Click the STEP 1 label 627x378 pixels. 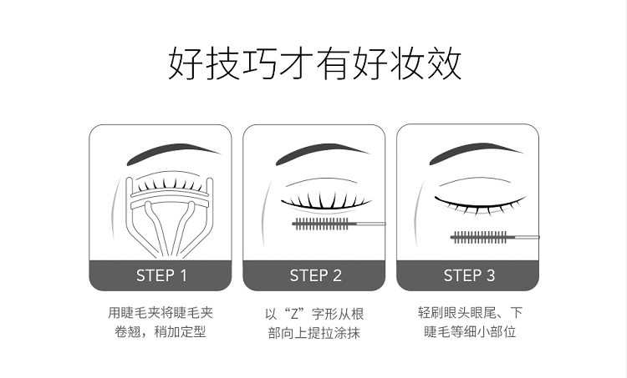pos(161,275)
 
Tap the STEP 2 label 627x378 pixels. pos(315,275)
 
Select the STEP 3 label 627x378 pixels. pos(469,275)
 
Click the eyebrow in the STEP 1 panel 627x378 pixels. pos(173,153)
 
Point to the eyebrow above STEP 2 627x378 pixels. pos(322,153)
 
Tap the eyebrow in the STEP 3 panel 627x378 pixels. pos(476,153)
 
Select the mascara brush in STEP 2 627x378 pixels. pos(339,224)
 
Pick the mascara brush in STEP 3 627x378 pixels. pos(495,237)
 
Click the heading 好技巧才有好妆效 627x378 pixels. pos(314,64)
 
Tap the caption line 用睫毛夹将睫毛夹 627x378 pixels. pos(161,313)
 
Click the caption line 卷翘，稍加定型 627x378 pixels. pos(161,332)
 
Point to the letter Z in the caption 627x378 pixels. pos(295,314)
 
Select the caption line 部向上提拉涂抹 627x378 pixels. pos(314,333)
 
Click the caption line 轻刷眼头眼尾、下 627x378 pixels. pos(470,313)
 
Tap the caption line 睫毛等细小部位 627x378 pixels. pos(470,332)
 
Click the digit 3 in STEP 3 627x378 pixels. pos(491,275)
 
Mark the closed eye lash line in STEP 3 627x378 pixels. pos(480,204)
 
